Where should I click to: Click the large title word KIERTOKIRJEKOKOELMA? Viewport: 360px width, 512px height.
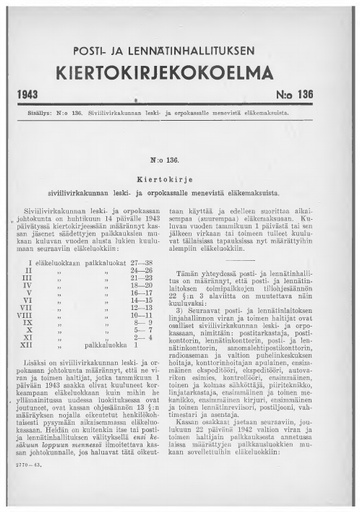point(180,73)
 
